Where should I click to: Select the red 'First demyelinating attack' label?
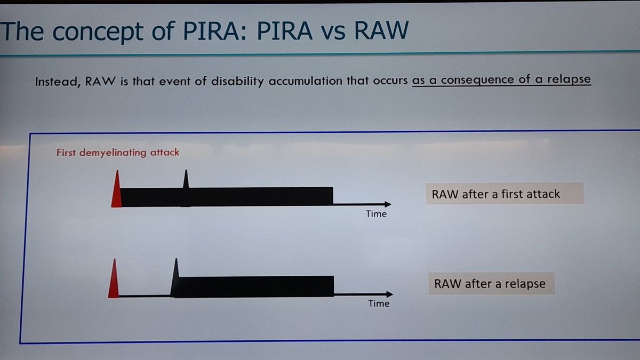click(x=118, y=153)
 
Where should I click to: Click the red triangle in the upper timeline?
click(x=116, y=192)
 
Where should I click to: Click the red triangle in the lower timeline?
click(x=114, y=282)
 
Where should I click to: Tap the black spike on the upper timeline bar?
click(x=186, y=180)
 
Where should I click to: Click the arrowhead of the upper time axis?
click(x=387, y=204)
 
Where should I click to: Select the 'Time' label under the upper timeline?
click(x=376, y=214)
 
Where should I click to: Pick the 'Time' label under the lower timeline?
click(x=379, y=303)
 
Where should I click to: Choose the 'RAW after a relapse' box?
click(x=490, y=284)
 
